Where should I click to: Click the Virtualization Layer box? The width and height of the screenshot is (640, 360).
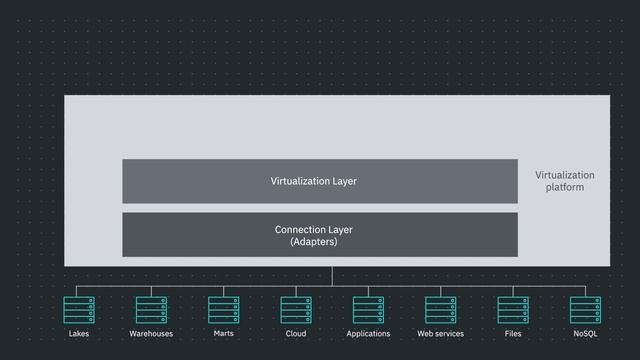coord(319,181)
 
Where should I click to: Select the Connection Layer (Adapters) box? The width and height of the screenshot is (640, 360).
coord(319,235)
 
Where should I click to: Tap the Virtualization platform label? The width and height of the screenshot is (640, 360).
coord(564,181)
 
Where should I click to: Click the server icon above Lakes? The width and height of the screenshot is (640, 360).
coord(78,310)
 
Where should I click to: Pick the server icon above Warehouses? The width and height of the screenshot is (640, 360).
coord(151,310)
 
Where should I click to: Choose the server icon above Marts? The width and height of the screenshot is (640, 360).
coord(223,310)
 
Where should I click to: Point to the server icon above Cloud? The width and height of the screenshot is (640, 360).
coord(296,310)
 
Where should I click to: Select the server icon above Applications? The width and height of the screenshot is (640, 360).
coord(368,310)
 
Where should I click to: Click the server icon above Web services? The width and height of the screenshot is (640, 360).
coord(440,310)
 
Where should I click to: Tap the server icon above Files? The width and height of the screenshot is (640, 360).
coord(513,310)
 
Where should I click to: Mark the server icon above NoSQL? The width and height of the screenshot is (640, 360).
coord(585,310)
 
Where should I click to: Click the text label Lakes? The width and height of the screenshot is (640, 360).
coord(78,334)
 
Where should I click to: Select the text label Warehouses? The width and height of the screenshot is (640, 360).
coord(151,334)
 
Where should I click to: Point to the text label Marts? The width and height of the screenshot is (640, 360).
coord(223,334)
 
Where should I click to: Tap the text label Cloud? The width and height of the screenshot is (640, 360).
coord(296,334)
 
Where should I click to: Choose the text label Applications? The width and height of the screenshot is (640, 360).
coord(368,334)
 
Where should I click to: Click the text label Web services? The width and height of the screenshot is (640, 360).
coord(440,334)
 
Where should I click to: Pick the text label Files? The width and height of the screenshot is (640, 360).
coord(513,334)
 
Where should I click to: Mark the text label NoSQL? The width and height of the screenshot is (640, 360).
coord(585,334)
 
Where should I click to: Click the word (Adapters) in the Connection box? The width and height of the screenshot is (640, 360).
coord(313,242)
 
